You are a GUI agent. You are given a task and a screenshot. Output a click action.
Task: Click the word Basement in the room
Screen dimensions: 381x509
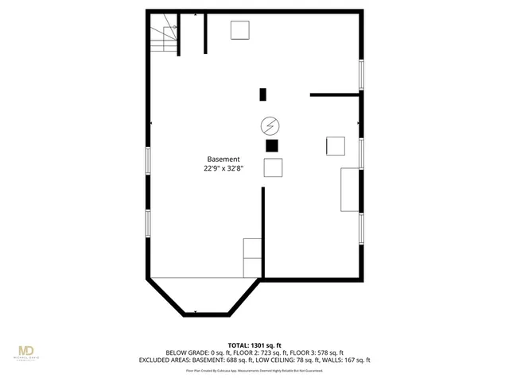coord(223,159)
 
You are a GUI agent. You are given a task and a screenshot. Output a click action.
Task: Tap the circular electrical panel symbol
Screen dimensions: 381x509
coord(270,125)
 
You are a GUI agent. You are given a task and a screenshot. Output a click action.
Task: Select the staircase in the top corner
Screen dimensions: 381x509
coord(164,37)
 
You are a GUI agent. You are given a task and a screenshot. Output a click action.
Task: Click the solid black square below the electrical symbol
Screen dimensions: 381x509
coord(272,145)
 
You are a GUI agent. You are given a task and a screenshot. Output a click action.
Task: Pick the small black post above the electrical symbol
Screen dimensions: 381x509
coord(263,94)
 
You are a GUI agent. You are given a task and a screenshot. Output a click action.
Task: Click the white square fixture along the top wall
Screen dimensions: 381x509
coord(241,30)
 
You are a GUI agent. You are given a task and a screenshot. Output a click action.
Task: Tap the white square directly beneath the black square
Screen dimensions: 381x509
coord(273,168)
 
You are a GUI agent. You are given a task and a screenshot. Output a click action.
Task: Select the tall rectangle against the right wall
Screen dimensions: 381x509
coord(350,189)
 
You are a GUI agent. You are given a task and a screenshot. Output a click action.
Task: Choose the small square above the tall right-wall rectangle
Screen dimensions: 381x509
coord(336,146)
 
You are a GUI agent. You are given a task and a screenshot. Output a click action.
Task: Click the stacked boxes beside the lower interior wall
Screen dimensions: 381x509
coord(252,257)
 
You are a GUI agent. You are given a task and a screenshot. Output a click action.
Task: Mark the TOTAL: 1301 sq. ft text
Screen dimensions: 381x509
coord(254,345)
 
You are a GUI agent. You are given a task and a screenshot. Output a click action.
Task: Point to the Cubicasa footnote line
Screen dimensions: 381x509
coord(254,370)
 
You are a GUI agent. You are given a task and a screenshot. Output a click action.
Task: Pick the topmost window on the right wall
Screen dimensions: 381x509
coord(362,75)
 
